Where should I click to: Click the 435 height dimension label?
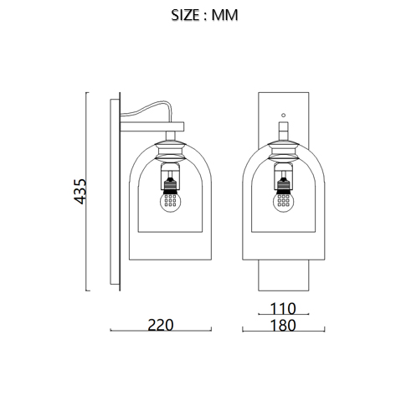[80, 191]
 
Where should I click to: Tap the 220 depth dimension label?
[161, 325]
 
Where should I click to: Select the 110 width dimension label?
[283, 308]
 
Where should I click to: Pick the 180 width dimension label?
[283, 326]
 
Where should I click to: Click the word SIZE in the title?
[185, 15]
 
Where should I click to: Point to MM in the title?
[224, 15]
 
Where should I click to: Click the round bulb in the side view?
[170, 202]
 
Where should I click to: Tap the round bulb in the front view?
[283, 202]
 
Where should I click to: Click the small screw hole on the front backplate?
[283, 115]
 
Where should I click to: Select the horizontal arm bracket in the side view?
[152, 126]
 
